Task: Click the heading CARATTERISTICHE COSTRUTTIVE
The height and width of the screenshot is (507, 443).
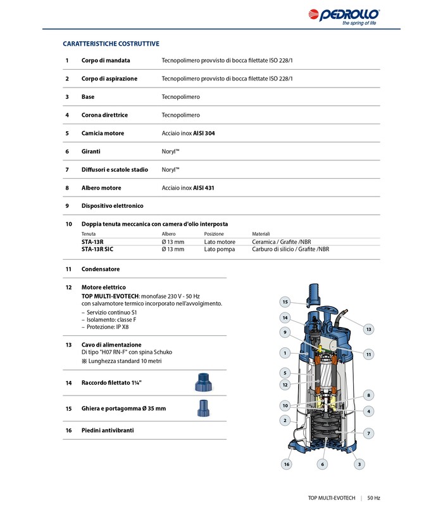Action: tap(111, 44)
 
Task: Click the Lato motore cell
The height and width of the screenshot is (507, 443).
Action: tap(219, 241)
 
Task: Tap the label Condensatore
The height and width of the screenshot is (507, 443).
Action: tap(101, 269)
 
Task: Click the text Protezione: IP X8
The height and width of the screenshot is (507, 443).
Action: tap(109, 326)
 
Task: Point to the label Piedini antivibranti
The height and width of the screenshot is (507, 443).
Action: tap(108, 430)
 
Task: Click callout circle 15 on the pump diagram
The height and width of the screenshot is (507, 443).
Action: tap(285, 302)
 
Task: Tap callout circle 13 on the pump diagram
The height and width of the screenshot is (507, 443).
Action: tap(368, 329)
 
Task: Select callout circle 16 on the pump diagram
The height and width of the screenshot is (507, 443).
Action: tap(286, 465)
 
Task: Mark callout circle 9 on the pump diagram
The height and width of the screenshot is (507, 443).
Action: tap(285, 332)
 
